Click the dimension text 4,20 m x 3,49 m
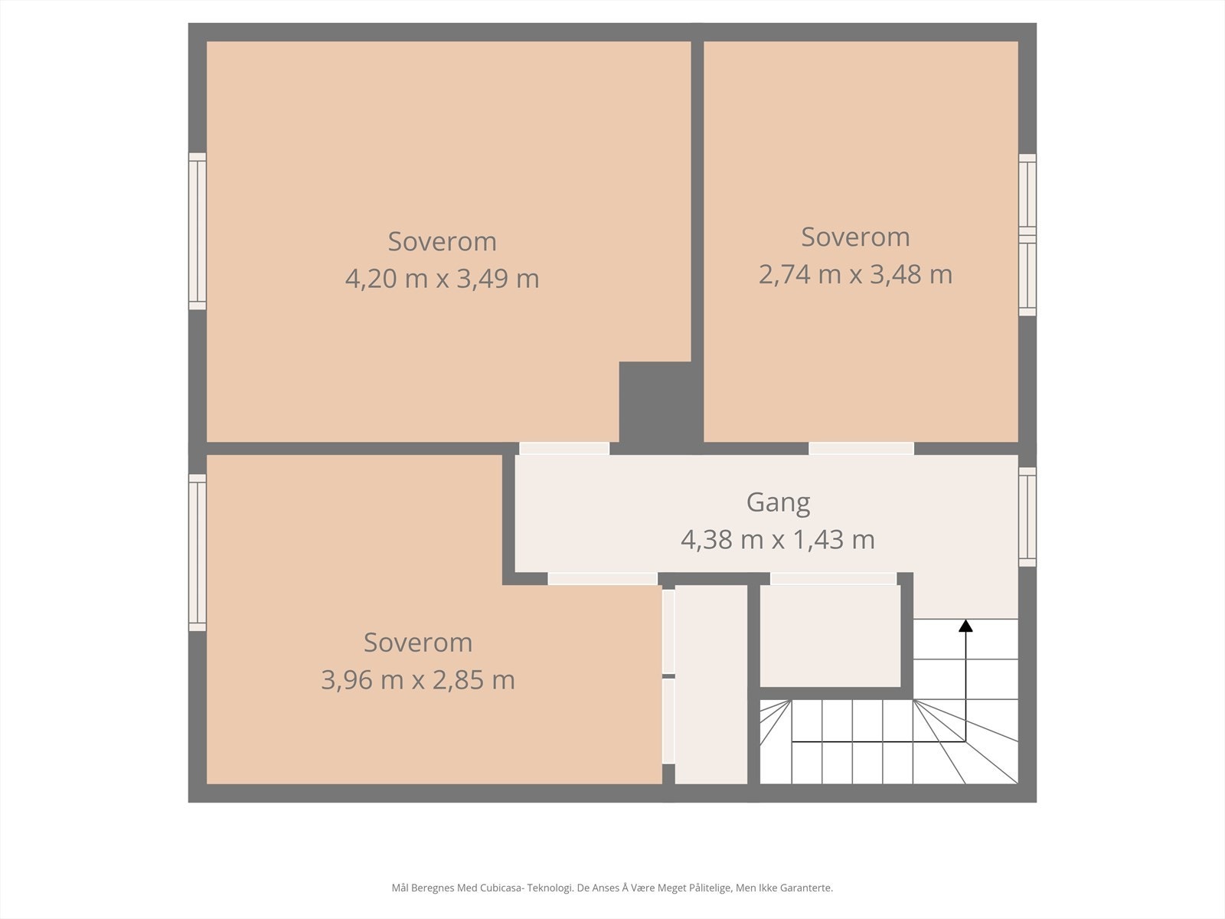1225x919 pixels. pos(442,279)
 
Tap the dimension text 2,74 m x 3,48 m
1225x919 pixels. pos(855,274)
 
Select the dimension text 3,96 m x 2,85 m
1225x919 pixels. pos(417,680)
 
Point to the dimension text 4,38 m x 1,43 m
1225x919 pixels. pos(777,540)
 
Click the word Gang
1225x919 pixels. pos(778,503)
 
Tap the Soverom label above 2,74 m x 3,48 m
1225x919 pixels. pos(855,237)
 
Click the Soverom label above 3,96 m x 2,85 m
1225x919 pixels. pos(418,643)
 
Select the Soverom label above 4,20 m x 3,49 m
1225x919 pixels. pos(442,241)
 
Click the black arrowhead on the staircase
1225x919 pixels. pos(965,626)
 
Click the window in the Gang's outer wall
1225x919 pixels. pos(1027,517)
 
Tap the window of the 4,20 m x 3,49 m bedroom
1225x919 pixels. pos(197,231)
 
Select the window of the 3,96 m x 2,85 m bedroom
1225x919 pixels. pos(197,552)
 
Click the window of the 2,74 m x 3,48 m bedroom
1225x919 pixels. pos(1027,235)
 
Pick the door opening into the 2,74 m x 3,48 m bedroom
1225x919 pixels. pos(861,448)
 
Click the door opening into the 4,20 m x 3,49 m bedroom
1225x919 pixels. pos(564,448)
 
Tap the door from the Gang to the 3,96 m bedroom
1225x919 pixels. pos(603,579)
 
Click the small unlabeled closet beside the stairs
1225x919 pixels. pos(830,636)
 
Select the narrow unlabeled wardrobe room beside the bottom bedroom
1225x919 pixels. pos(711,684)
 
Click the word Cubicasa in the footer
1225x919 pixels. pos(501,888)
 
